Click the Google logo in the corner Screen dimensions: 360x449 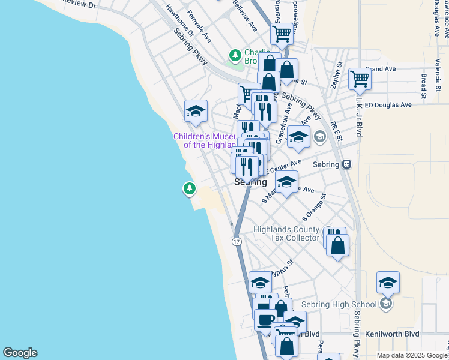pos(20,353)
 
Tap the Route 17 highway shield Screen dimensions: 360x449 pos(237,241)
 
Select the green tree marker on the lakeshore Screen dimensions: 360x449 pos(190,190)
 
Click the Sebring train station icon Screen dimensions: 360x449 pos(346,164)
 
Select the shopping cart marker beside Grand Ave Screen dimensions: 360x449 pos(360,78)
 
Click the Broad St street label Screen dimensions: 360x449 pos(424,86)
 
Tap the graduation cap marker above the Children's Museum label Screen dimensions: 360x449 pos(196,111)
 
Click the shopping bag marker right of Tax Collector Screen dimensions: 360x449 pos(338,246)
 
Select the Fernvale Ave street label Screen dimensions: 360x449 pos(199,26)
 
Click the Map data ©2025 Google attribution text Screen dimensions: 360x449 pos(412,355)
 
